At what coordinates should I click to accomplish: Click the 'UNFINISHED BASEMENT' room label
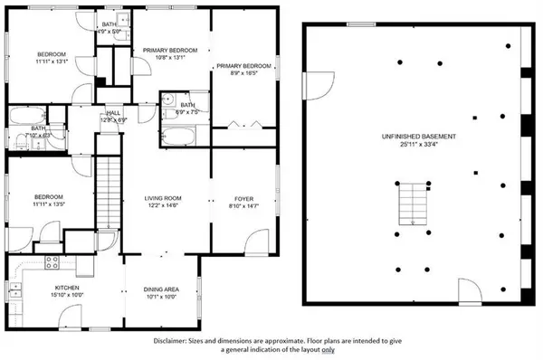417,137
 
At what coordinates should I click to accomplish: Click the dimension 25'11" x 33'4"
417,146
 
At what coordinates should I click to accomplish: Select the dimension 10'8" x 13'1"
169,58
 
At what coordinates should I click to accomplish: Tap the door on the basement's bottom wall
470,292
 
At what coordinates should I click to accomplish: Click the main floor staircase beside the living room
109,181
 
